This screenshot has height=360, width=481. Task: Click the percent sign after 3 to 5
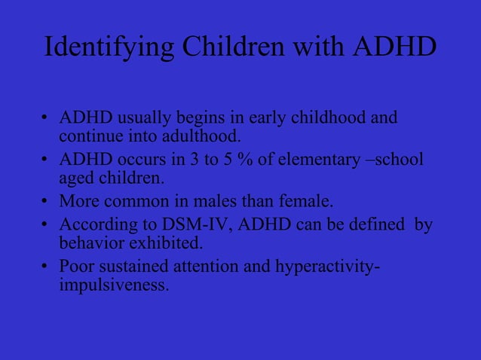point(237,160)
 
